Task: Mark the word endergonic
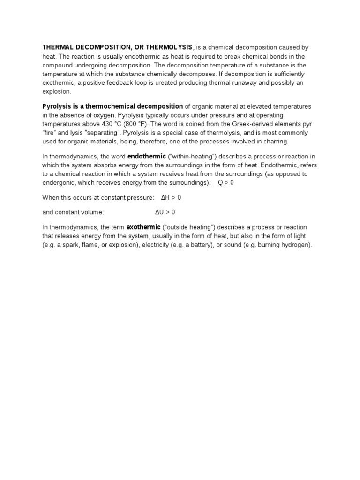59,183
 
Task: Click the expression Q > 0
226,183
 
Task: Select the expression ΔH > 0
171,198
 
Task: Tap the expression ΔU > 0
165,212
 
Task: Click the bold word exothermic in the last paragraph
143,227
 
